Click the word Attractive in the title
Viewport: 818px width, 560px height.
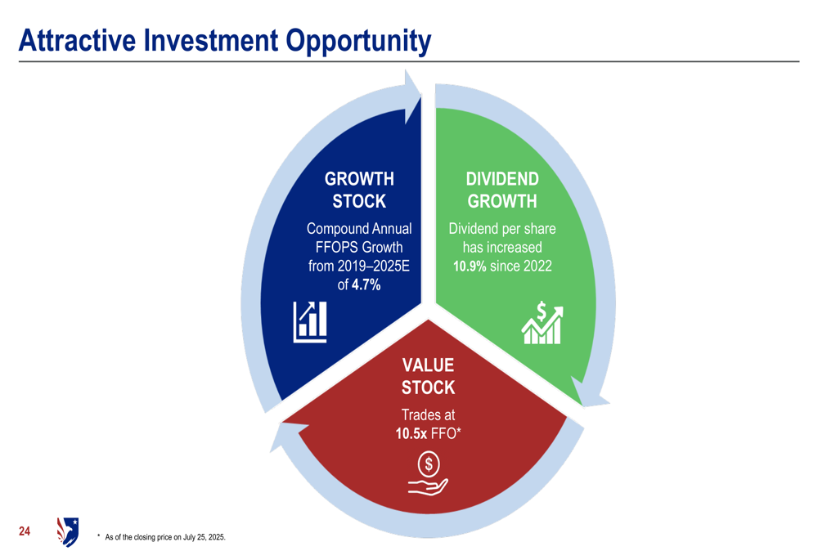77,40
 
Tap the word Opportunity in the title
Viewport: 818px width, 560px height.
358,42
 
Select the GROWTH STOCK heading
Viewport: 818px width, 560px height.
359,190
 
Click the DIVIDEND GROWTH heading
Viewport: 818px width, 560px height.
502,190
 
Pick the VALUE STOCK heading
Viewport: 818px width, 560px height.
429,376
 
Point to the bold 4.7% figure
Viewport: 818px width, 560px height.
366,284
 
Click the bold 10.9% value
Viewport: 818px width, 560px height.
470,266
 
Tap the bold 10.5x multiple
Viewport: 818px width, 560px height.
411,433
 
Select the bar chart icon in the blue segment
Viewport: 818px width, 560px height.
310,322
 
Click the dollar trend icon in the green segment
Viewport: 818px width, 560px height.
542,322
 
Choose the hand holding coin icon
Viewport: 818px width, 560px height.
429,473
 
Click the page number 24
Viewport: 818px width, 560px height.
25,531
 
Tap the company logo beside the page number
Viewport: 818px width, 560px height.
68,532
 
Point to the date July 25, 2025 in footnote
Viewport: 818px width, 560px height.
204,537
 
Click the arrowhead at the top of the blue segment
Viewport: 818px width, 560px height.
412,96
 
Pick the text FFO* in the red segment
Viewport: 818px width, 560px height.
446,433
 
